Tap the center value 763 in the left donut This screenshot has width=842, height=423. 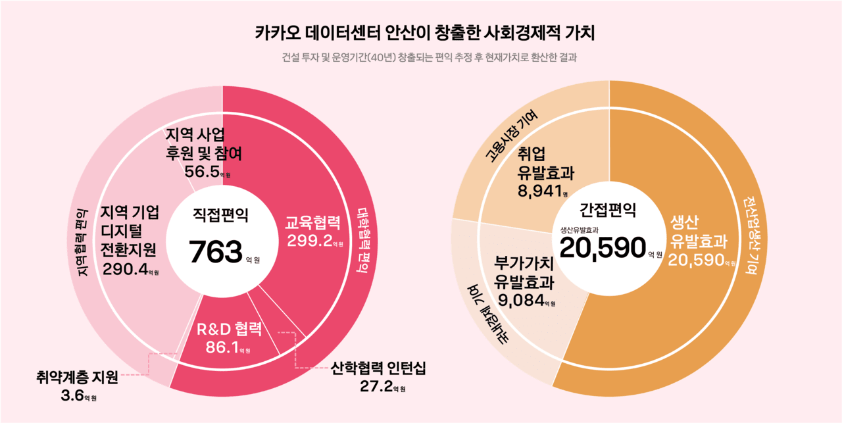pyautogui.click(x=216, y=252)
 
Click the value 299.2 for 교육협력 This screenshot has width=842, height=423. pyautogui.click(x=309, y=241)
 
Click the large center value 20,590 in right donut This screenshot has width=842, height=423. pyautogui.click(x=603, y=248)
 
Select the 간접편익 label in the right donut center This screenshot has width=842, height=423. pyautogui.click(x=607, y=210)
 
